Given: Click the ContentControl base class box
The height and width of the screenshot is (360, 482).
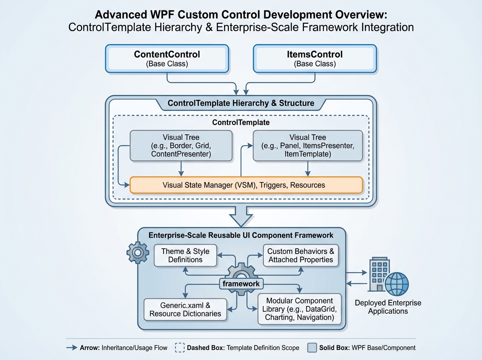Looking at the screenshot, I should pyautogui.click(x=167, y=59).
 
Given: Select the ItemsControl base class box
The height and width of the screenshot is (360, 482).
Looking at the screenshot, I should pyautogui.click(x=315, y=59).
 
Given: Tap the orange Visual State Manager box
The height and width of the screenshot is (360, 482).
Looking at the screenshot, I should pyautogui.click(x=246, y=185).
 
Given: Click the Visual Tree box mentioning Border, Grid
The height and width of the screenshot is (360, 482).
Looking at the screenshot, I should pyautogui.click(x=181, y=145).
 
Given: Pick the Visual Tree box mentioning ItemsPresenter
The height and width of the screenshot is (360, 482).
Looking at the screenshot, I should pyautogui.click(x=308, y=145).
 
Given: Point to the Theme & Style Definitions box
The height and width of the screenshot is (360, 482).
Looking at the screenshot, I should pyautogui.click(x=185, y=256).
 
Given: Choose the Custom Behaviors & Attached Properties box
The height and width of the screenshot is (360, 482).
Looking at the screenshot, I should pyautogui.click(x=300, y=256).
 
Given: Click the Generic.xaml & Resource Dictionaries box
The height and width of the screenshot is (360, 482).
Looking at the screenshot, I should pyautogui.click(x=185, y=309).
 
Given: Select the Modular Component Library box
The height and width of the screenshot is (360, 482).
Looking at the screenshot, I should pyautogui.click(x=300, y=309).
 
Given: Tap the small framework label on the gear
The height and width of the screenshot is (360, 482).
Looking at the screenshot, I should pyautogui.click(x=241, y=284).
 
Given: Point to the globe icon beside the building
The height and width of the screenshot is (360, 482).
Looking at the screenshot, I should pyautogui.click(x=396, y=284).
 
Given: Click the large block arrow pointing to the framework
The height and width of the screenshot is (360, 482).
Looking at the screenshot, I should pyautogui.click(x=241, y=216).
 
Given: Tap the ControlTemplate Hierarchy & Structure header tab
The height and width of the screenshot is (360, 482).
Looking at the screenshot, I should pyautogui.click(x=241, y=103).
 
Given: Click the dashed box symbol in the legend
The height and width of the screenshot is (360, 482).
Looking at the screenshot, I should pyautogui.click(x=180, y=348).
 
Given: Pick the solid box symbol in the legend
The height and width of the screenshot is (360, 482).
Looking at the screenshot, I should pyautogui.click(x=311, y=348).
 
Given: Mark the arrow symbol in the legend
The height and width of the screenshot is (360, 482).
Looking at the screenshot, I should pyautogui.click(x=71, y=348).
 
